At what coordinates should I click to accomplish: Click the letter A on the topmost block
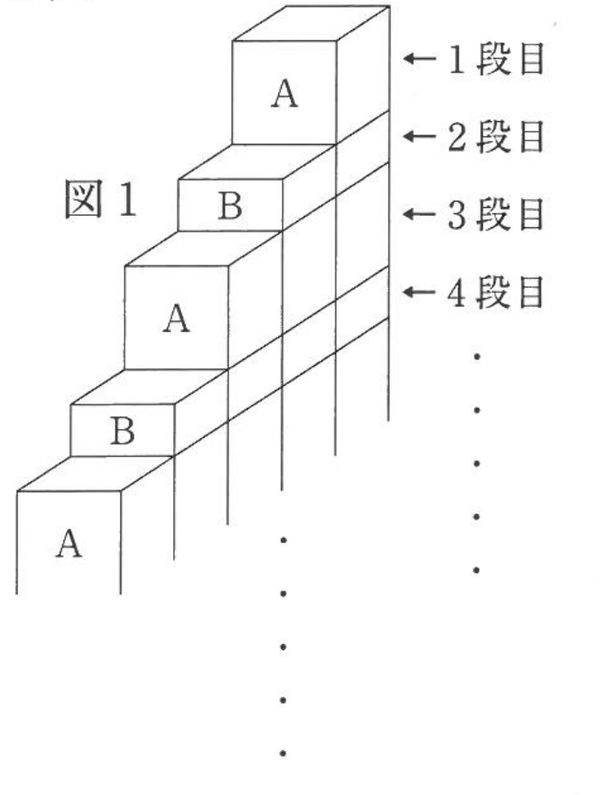284,92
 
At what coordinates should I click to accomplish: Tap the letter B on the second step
230,206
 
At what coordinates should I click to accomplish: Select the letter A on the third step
176,318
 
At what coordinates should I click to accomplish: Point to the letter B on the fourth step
122,431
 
